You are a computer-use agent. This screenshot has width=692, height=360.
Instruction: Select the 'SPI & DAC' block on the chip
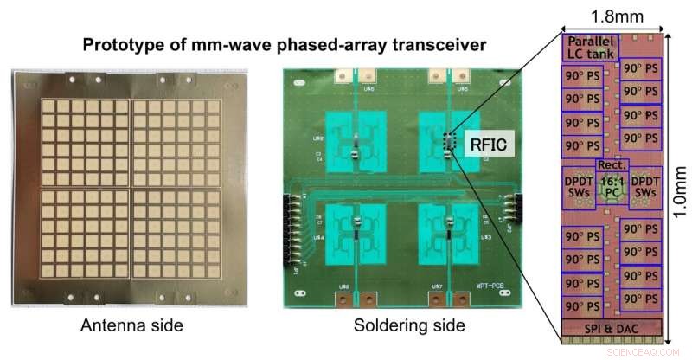[x=612, y=326]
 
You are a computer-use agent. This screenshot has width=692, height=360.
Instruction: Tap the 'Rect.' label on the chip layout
[x=612, y=165]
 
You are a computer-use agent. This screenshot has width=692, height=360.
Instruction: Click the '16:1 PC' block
[x=612, y=187]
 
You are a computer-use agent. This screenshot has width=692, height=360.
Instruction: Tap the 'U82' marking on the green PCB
[x=318, y=138]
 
